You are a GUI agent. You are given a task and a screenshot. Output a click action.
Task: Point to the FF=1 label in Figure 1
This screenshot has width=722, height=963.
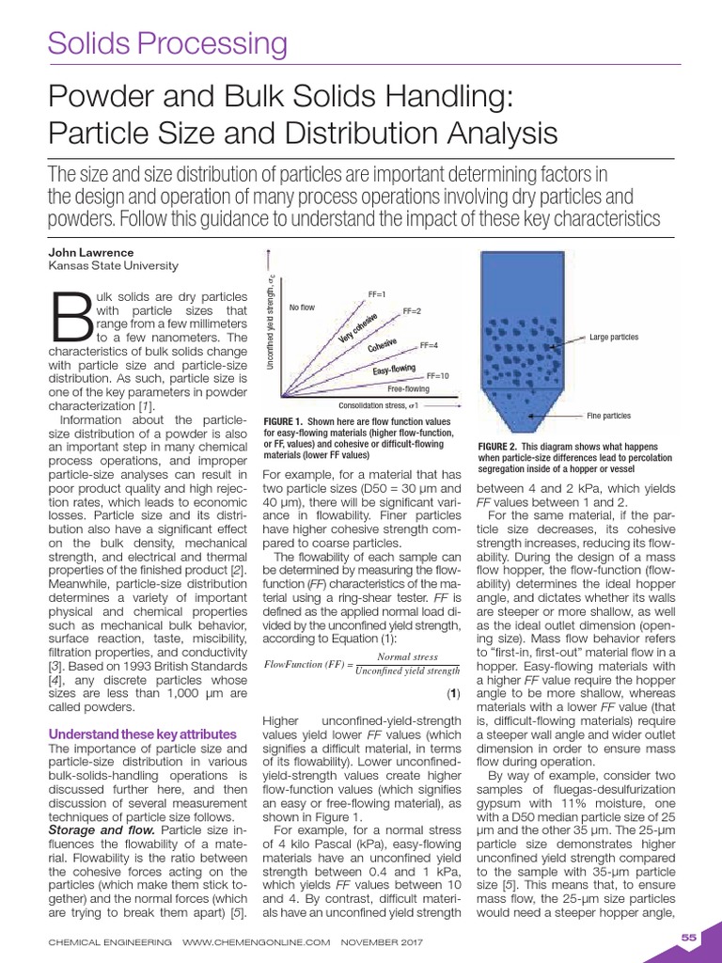[378, 294]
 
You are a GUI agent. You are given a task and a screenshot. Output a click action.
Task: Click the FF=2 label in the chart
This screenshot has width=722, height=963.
[412, 311]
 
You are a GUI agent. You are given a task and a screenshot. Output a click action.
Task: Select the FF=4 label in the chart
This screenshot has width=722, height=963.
[430, 345]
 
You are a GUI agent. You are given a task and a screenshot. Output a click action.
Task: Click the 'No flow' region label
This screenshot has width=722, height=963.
[302, 308]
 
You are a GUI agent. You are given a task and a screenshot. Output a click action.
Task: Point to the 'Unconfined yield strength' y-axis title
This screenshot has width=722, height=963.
[271, 321]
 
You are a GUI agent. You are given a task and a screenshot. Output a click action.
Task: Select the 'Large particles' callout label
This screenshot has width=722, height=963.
[614, 337]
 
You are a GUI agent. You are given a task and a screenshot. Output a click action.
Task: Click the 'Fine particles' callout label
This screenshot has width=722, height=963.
[608, 415]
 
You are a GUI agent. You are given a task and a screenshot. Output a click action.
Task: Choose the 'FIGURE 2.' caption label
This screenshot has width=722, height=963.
[498, 446]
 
